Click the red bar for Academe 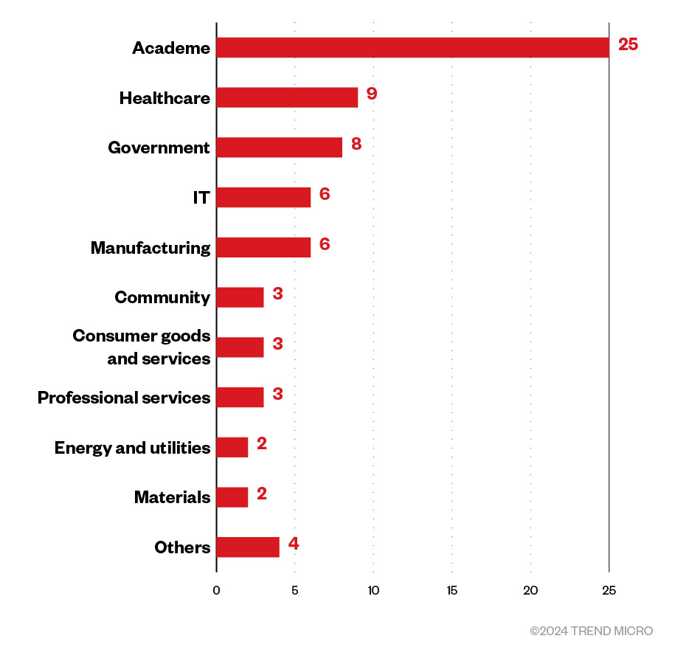click(412, 47)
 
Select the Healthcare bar click(287, 97)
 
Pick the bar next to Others click(248, 547)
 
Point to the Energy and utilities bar click(232, 447)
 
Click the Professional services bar click(240, 397)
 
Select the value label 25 click(628, 44)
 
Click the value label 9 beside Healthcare click(371, 94)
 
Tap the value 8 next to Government click(356, 144)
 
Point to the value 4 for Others click(293, 544)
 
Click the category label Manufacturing click(150, 248)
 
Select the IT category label click(201, 198)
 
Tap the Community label click(162, 297)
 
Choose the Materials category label click(172, 497)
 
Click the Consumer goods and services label click(142, 347)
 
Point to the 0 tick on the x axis click(216, 590)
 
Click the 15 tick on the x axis click(451, 590)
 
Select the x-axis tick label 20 click(530, 590)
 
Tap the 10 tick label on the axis click(373, 590)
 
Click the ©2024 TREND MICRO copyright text click(591, 631)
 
